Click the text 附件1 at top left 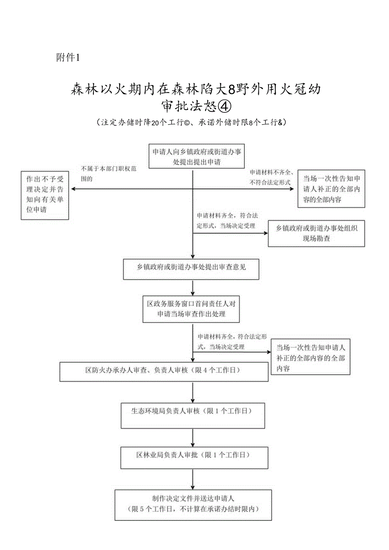coord(68,57)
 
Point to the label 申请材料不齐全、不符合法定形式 coord(271,178)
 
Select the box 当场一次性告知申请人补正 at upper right coord(331,189)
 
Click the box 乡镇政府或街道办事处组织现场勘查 coord(316,233)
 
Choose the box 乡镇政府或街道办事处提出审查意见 coord(191,268)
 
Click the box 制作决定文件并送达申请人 coord(193,505)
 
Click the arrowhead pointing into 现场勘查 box coord(265,233)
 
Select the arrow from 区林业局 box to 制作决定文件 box coord(193,480)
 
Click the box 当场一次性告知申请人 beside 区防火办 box coord(310,358)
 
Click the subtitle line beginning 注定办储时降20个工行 coord(192,123)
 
